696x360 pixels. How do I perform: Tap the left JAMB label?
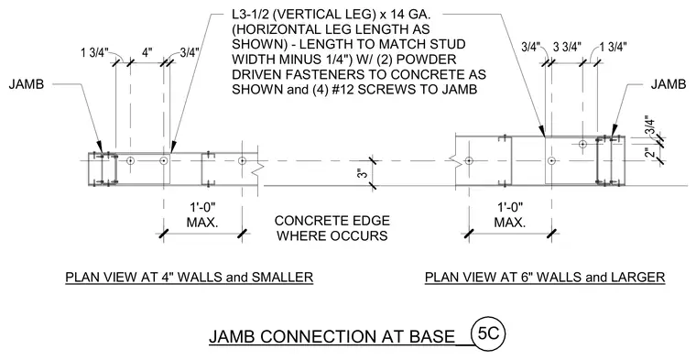(27, 84)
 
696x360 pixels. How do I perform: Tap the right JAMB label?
(669, 84)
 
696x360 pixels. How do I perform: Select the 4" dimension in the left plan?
(147, 52)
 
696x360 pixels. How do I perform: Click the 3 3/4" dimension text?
(567, 48)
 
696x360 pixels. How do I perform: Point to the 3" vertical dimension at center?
(364, 173)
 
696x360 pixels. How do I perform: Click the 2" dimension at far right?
(650, 152)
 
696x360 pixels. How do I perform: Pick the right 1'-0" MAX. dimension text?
(510, 214)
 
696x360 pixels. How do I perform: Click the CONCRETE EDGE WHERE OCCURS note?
(332, 228)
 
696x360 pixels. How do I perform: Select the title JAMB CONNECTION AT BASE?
(332, 337)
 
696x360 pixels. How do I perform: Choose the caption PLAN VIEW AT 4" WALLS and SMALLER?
(190, 278)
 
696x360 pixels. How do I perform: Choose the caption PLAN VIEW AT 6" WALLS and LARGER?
(545, 278)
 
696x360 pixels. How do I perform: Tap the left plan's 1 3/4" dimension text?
(94, 53)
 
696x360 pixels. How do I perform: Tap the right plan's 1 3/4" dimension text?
(613, 47)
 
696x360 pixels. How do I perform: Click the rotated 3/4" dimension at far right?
(649, 125)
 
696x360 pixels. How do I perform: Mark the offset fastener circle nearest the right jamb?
(582, 144)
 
